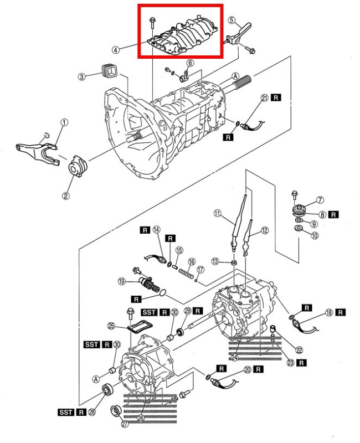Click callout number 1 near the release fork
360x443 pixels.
(64, 122)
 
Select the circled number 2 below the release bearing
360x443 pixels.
(65, 195)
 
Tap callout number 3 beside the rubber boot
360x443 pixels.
(81, 76)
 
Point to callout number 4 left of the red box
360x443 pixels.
(115, 50)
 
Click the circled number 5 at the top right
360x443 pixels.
(232, 20)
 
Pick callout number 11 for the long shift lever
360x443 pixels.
(217, 214)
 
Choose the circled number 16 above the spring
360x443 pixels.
(192, 261)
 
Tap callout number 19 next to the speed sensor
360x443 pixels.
(121, 281)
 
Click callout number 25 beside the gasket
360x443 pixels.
(111, 326)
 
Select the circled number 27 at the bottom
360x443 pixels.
(125, 424)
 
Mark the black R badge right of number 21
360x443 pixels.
(276, 97)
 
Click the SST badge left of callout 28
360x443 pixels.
(66, 412)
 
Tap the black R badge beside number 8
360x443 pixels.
(333, 214)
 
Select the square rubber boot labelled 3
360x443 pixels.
(109, 71)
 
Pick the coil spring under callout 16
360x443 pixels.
(186, 274)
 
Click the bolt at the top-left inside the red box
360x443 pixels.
(152, 23)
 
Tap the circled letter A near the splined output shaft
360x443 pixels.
(235, 76)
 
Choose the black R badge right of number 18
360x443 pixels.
(341, 312)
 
